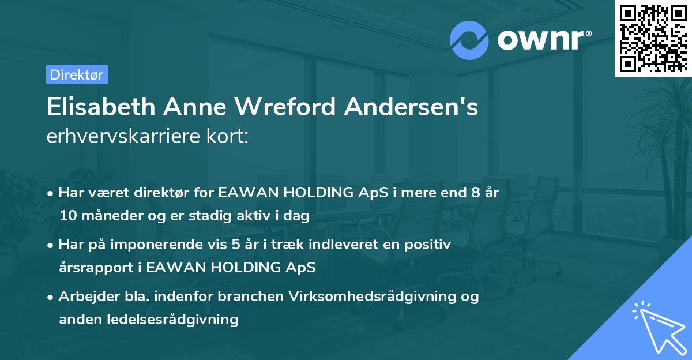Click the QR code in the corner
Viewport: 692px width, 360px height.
653,39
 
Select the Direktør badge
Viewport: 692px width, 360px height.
77,74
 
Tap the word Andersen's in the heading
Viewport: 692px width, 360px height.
422,108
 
